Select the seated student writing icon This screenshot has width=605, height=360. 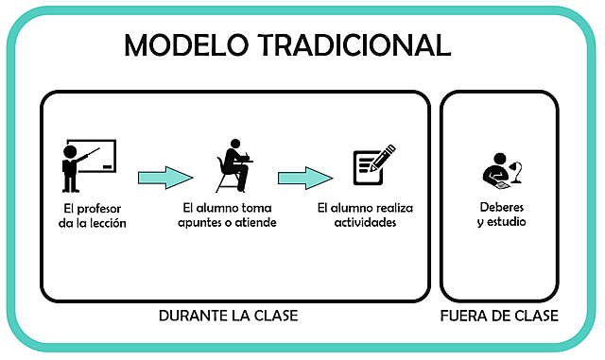tap(233, 165)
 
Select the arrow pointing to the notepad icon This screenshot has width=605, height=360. tap(305, 177)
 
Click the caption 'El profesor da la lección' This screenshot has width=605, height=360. tap(92, 215)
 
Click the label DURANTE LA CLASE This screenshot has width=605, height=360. tap(228, 316)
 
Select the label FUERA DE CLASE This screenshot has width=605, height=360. tap(499, 316)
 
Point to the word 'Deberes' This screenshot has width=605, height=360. tap(501, 206)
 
